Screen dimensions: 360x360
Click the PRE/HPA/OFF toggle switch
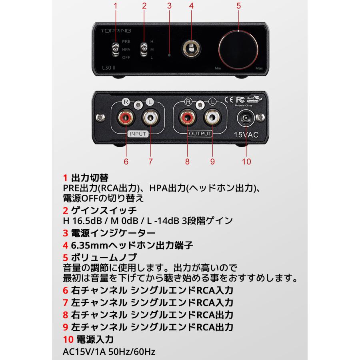click(x=115, y=49)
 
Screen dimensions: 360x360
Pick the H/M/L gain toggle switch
click(x=143, y=49)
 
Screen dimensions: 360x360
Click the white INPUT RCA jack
click(x=150, y=118)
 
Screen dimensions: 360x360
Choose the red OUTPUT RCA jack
click(x=187, y=118)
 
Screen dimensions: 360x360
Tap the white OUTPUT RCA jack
click(x=212, y=118)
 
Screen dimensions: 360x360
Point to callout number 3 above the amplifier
click(x=169, y=6)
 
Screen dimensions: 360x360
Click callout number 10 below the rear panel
click(x=246, y=161)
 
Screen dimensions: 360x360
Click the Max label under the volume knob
click(x=259, y=68)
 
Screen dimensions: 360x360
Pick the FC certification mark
click(x=240, y=99)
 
